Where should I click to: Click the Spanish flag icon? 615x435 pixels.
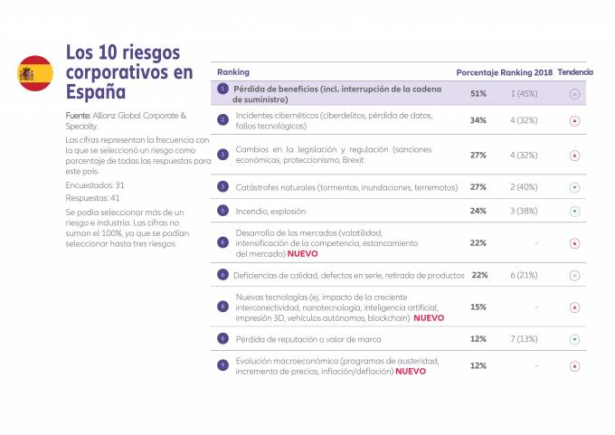coord(35,72)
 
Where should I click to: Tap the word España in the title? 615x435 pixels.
coord(95,91)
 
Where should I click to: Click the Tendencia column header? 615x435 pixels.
coord(575,71)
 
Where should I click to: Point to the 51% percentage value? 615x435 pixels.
coord(478,93)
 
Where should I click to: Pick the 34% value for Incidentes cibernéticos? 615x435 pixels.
coord(478,119)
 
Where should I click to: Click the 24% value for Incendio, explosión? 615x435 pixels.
coord(478,211)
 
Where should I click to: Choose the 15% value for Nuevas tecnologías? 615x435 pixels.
coord(478,307)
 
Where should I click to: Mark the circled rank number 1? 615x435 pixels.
coord(222,89)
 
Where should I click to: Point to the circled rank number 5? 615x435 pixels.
coord(222,211)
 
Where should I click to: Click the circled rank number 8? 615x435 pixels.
coord(222,307)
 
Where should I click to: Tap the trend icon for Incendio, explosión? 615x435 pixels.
coord(574,211)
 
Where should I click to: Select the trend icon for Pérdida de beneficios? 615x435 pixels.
coord(574,93)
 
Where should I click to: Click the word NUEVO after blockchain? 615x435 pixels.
coord(429,318)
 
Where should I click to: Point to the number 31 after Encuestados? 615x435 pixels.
coord(112,184)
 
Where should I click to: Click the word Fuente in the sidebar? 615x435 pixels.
coord(78,117)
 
